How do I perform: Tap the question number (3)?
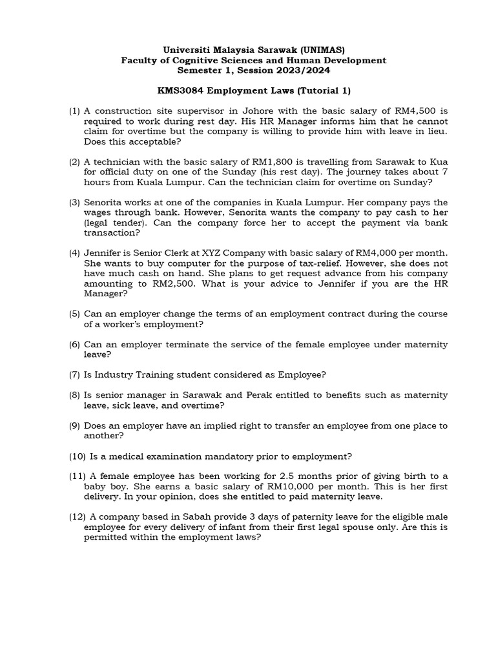tap(75, 203)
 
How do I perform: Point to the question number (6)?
tap(75, 345)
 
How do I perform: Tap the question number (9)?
tap(75, 426)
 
